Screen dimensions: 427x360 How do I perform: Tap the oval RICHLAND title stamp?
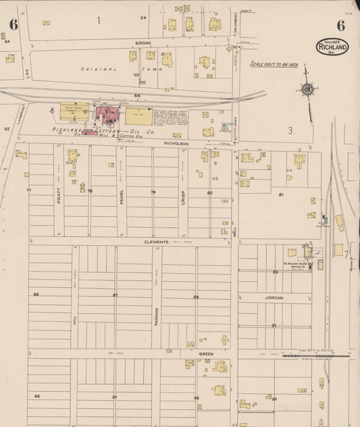[x=332, y=47]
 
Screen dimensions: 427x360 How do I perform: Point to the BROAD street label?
[x=143, y=43]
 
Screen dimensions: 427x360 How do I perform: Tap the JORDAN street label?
[x=274, y=297]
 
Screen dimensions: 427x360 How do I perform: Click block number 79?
[x=153, y=193]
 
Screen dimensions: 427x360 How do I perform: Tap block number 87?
[x=115, y=295]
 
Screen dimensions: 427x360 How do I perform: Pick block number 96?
[x=37, y=396]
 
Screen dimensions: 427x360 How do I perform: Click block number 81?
[x=280, y=195]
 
